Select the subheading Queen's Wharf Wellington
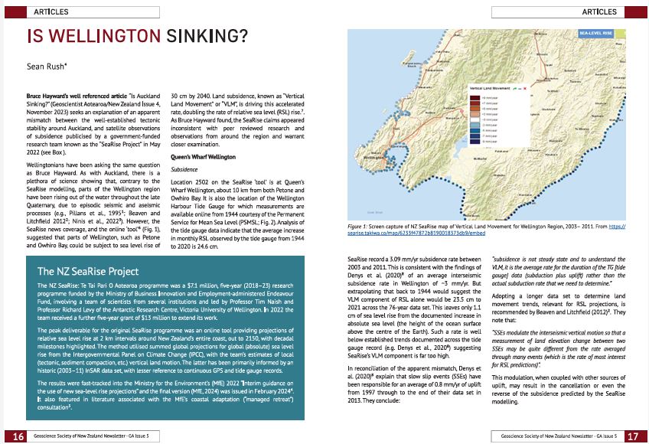pyautogui.click(x=204, y=156)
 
